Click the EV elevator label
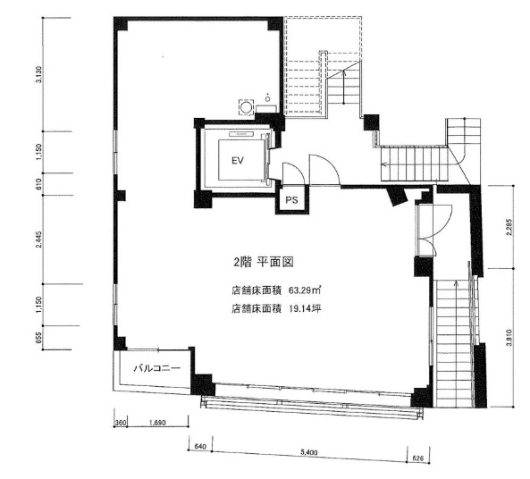coord(238,161)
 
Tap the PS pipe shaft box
coord(291,201)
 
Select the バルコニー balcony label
coord(157,367)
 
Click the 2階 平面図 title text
coord(264,263)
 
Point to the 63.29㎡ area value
coord(305,290)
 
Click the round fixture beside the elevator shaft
coord(244,105)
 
